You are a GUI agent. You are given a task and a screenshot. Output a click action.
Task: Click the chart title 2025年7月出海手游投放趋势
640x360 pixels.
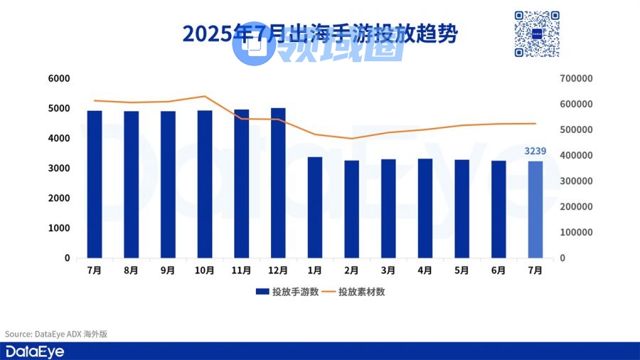coord(320,34)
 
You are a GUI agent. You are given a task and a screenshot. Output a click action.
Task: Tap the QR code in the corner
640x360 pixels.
coord(537,33)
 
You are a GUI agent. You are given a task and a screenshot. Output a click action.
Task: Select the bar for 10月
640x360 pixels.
coord(205,184)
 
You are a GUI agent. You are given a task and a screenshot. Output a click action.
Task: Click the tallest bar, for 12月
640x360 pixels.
coord(278,183)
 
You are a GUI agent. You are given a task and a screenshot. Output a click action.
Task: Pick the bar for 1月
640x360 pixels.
coord(315,207)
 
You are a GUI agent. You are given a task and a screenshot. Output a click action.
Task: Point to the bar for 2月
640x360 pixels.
coord(351,209)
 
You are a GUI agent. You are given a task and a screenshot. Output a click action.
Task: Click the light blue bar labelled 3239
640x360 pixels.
coord(535,209)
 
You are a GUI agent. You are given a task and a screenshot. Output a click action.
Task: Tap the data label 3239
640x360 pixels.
coord(535,151)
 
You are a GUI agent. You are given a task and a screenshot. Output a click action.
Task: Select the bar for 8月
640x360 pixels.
coord(132,184)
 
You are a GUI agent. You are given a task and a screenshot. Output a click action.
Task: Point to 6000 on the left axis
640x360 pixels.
coord(59,78)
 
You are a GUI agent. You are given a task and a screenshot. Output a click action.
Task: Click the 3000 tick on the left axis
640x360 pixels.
coord(59,169)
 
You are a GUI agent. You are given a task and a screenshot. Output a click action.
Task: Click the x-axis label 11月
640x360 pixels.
coord(241,270)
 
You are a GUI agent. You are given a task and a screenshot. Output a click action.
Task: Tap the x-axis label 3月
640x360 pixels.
coord(388,270)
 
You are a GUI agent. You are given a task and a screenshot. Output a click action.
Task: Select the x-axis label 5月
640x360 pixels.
coord(462,270)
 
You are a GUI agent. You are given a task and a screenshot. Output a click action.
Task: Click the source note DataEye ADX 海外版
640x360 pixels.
coord(56,334)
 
